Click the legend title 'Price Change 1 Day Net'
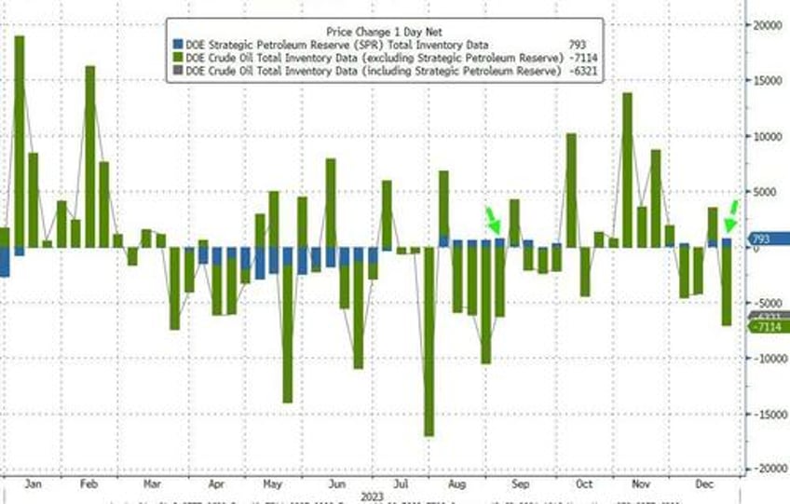click(384, 28)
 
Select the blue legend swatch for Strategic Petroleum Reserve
click(177, 45)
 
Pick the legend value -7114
click(578, 59)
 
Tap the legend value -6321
click(578, 73)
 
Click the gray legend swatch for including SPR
click(177, 73)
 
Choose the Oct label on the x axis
click(583, 484)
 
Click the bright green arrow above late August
click(491, 220)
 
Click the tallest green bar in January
click(19, 141)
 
